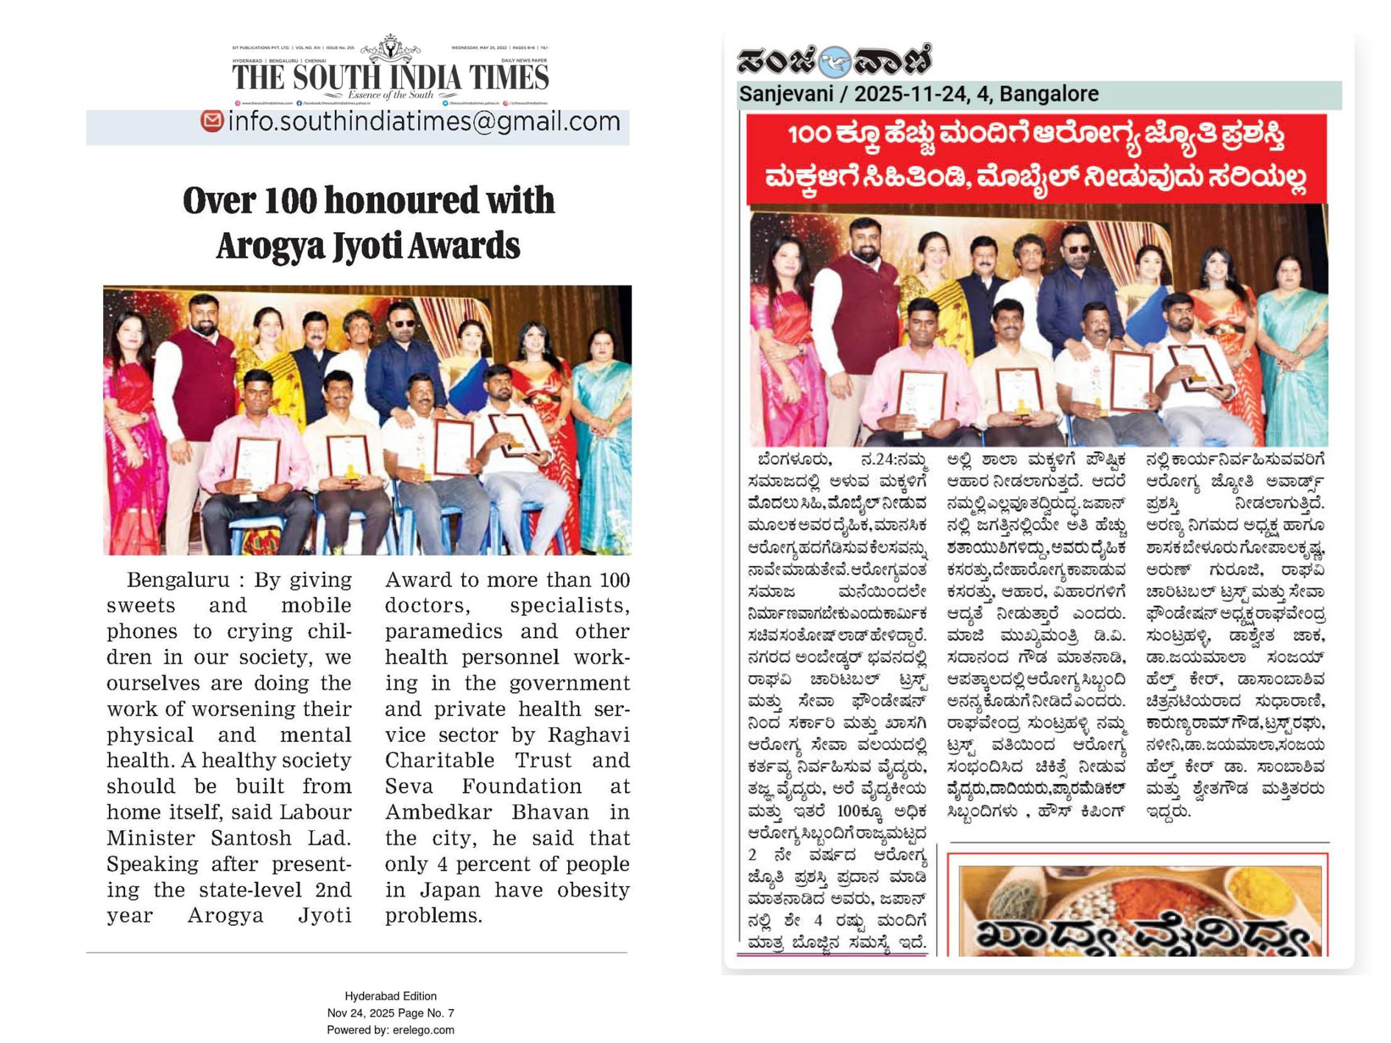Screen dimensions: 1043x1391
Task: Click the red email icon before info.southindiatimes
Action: (212, 121)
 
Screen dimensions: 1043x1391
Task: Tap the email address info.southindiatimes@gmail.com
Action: (424, 121)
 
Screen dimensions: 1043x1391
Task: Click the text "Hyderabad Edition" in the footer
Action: (390, 996)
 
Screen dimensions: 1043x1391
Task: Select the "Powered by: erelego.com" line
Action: (390, 1030)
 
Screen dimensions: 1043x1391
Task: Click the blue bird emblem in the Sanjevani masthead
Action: (834, 62)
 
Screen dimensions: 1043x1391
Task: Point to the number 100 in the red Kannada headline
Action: (810, 135)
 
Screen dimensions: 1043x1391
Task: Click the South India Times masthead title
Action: (390, 77)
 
